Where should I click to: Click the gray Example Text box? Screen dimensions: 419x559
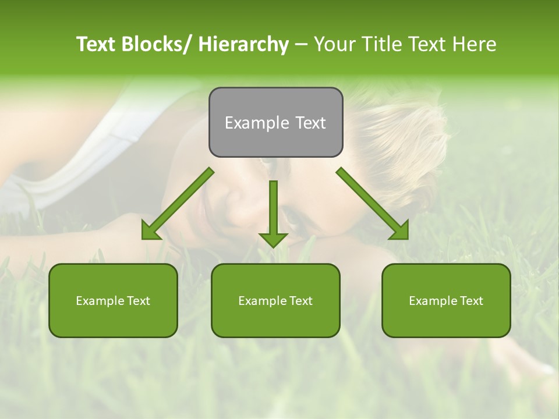pos(275,122)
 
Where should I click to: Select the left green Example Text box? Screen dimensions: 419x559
pos(113,300)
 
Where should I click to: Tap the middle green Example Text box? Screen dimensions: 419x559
pos(275,300)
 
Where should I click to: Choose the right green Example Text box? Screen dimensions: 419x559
pos(446,300)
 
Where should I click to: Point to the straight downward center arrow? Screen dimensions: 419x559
pos(273,212)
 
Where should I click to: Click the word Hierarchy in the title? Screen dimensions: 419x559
pos(243,44)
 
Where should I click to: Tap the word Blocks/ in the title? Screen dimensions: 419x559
pos(156,44)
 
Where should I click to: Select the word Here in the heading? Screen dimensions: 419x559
pos(476,44)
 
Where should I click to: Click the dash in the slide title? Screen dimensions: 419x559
pos(301,45)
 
